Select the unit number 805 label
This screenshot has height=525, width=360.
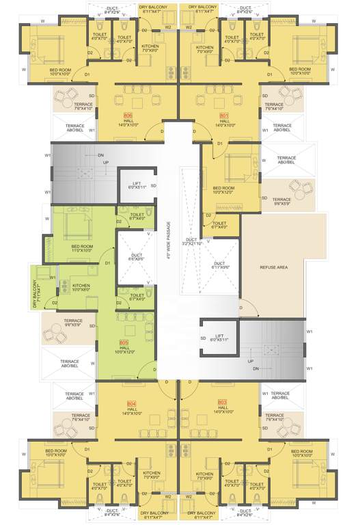124,342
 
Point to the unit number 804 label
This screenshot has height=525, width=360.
132,404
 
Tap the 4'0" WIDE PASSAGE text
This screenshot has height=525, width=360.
167,241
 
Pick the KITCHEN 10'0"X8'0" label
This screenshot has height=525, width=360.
82,287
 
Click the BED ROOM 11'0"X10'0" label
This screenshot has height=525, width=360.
81,248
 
